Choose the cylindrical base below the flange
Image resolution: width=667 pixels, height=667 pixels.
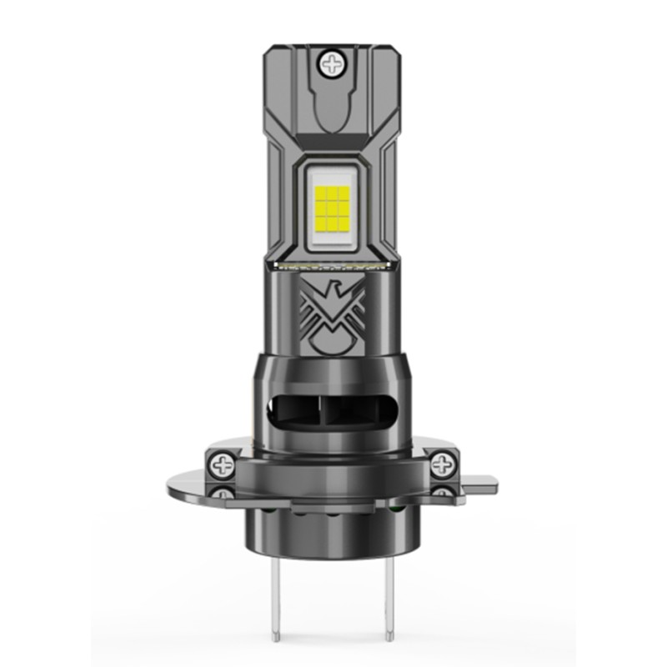click(x=333, y=534)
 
